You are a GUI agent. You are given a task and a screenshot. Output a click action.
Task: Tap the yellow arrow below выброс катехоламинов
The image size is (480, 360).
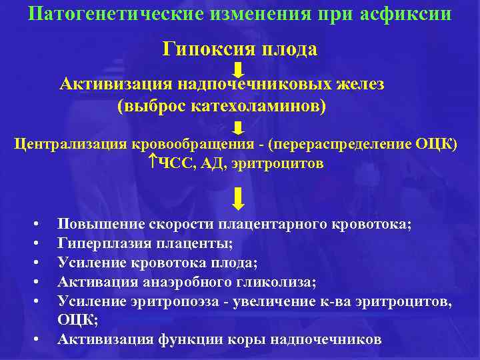(239, 127)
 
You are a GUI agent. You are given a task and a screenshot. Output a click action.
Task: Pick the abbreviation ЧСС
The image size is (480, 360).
(175, 163)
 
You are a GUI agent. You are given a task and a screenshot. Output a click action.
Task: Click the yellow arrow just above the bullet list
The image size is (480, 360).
(239, 198)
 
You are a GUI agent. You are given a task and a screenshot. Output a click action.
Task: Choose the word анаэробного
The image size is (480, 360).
(190, 282)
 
